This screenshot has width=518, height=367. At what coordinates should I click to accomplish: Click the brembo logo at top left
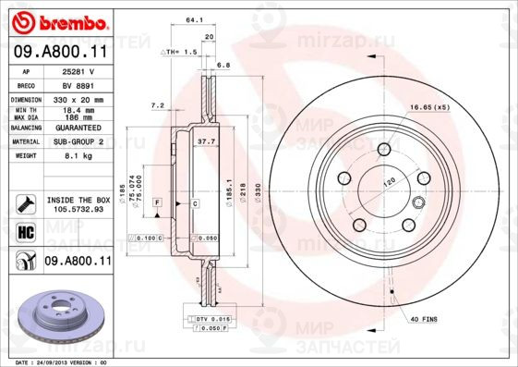tap(58, 20)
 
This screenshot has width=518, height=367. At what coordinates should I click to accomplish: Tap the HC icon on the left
tap(25, 231)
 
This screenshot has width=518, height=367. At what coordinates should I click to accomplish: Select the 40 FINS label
tap(422, 318)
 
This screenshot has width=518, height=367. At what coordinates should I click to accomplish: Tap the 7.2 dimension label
tap(156, 106)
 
